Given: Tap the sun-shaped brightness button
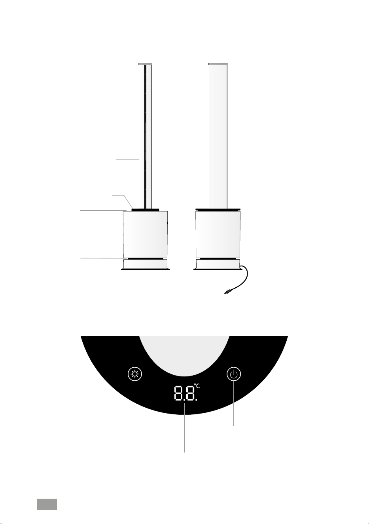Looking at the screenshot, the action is tap(135, 374).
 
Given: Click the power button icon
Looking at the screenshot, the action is tap(234, 374).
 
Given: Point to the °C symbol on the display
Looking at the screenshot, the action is tap(197, 386).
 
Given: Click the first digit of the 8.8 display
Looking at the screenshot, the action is tap(178, 393).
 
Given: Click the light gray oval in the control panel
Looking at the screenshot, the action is tap(184, 355).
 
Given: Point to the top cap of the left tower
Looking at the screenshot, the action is tap(146, 64).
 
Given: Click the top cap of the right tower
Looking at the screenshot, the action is tap(218, 64).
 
